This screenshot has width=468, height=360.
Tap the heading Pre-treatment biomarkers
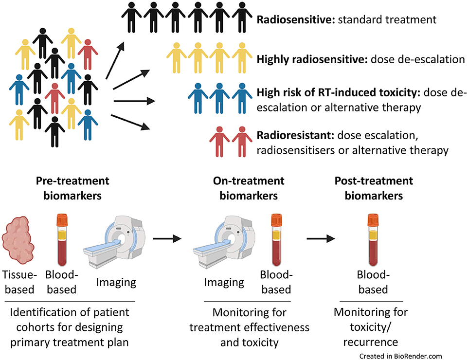click(72, 188)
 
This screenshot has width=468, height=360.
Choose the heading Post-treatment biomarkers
click(373, 188)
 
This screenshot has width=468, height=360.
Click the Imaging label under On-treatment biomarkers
click(223, 282)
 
